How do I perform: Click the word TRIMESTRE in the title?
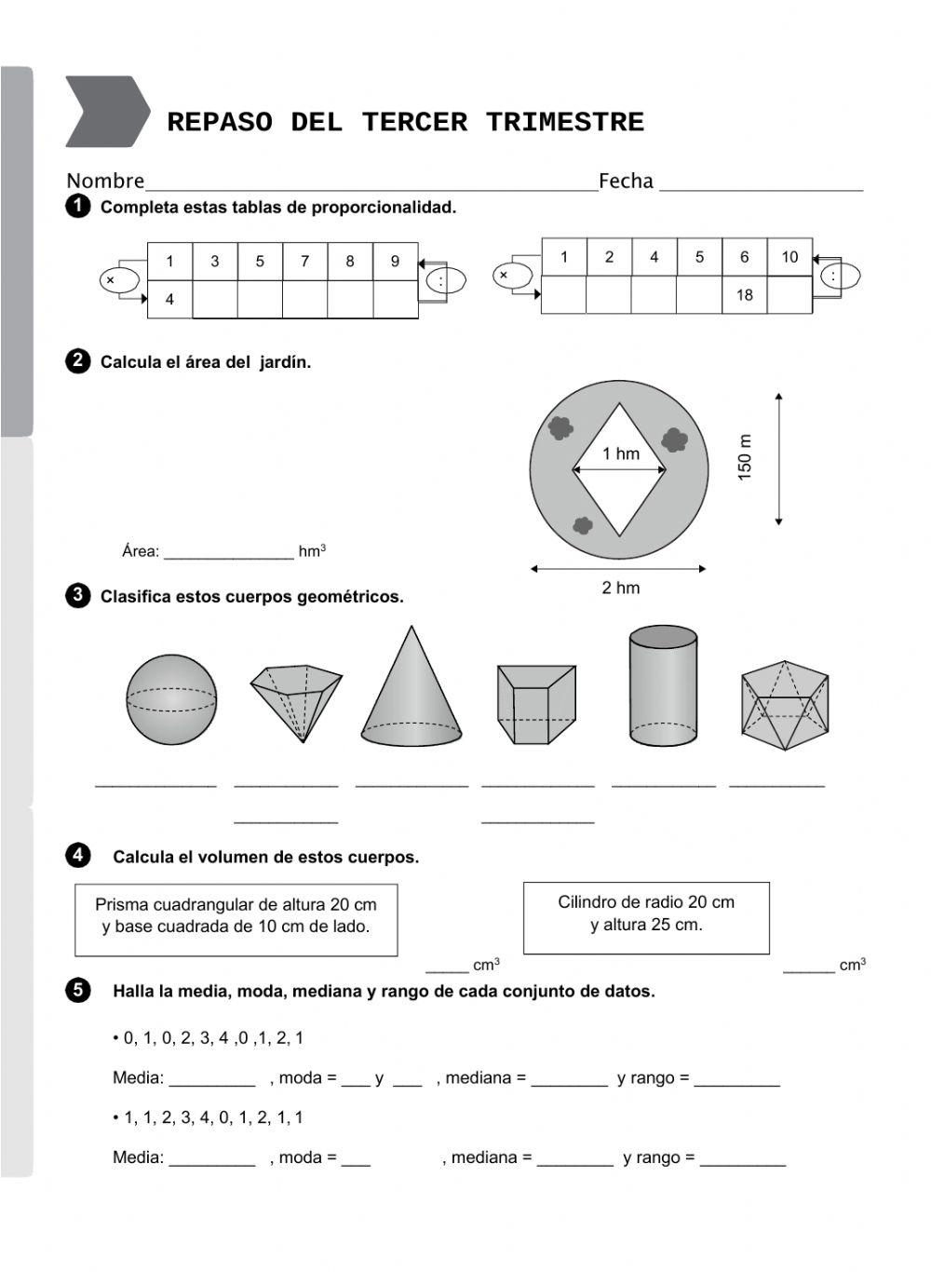[x=564, y=122]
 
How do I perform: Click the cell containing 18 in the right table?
[x=744, y=295]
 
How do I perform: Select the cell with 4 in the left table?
[x=169, y=300]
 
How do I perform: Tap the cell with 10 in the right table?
[x=789, y=257]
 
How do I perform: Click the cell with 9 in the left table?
[x=395, y=262]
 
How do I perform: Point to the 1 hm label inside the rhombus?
[x=620, y=454]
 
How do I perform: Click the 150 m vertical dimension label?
[x=745, y=457]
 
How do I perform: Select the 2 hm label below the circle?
[x=620, y=588]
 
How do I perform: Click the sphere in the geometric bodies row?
[x=171, y=699]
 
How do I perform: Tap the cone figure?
[x=411, y=694]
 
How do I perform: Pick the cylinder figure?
[x=663, y=685]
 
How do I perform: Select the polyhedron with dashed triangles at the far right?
[x=784, y=705]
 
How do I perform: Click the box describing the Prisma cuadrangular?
[x=236, y=919]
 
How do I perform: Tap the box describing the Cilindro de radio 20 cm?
[x=646, y=917]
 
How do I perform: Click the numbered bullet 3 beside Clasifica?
[x=77, y=596]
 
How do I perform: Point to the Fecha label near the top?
[x=626, y=182]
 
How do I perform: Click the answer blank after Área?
[x=228, y=552]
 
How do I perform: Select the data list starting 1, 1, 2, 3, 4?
[x=213, y=1117]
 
